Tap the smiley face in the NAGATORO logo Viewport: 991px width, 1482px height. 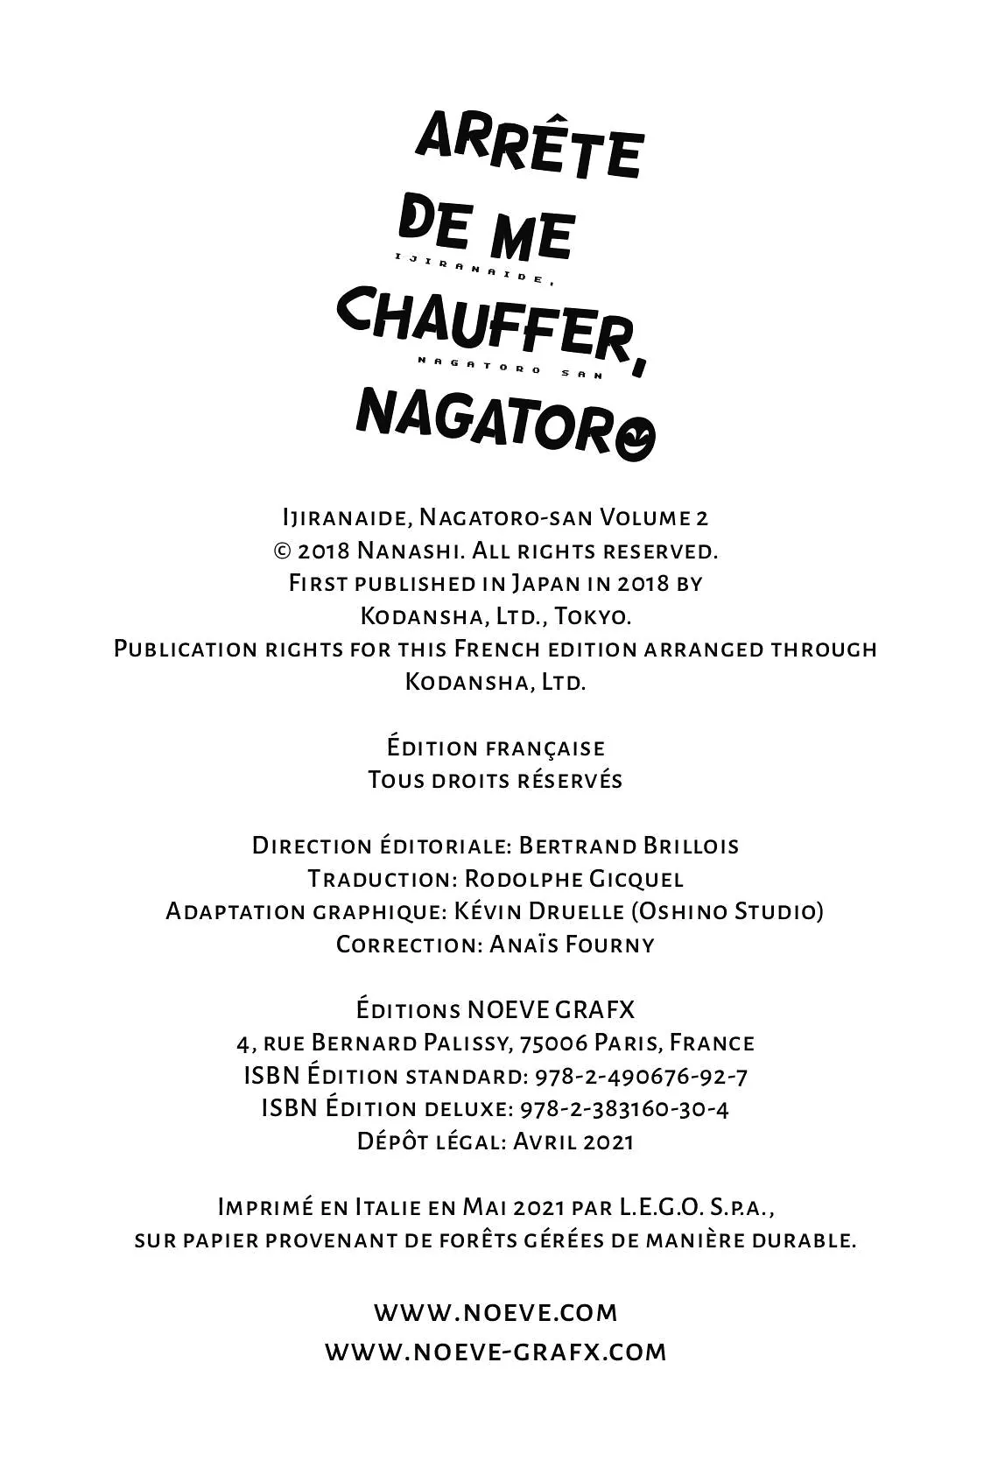(x=634, y=439)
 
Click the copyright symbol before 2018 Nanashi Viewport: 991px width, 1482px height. (x=282, y=551)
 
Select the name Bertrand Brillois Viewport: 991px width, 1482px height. (x=629, y=846)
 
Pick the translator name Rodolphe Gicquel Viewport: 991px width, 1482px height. (x=573, y=879)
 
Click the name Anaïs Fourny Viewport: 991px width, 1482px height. (x=572, y=945)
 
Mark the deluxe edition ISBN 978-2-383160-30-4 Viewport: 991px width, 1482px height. (x=624, y=1109)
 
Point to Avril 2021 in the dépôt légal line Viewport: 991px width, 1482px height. (x=573, y=1141)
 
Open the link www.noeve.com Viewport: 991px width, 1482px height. (x=495, y=1312)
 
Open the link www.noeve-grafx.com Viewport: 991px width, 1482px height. (x=495, y=1352)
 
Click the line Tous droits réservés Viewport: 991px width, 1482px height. (x=495, y=780)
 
